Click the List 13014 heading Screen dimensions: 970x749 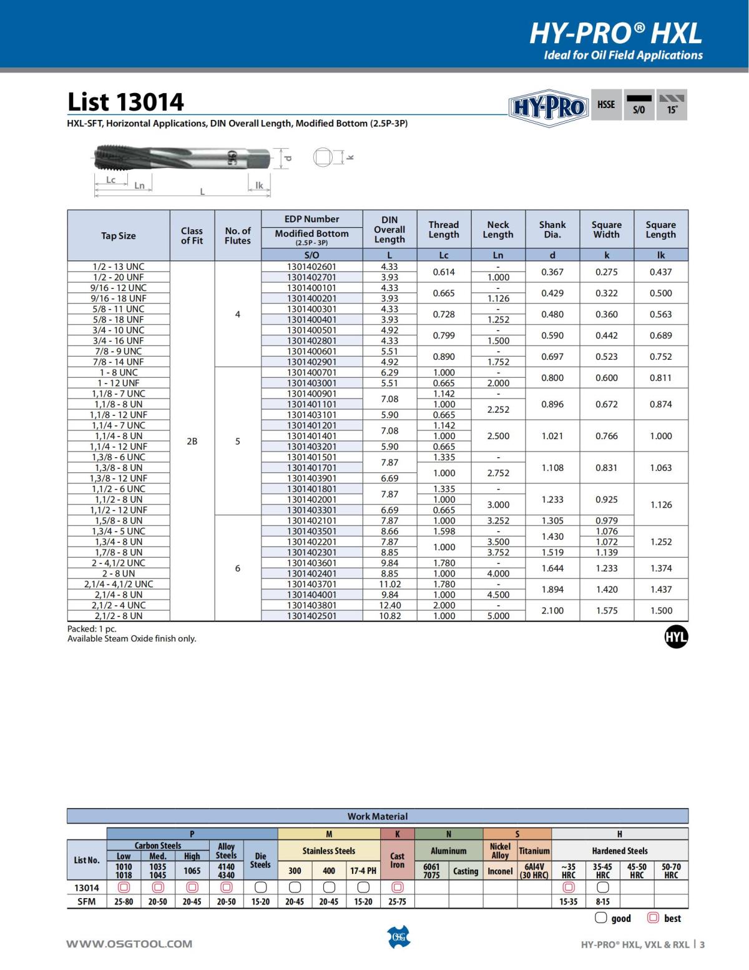tap(125, 102)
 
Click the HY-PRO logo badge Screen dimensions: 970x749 tap(548, 108)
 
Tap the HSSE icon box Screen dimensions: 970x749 tap(606, 105)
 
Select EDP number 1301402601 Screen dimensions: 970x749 tap(311, 267)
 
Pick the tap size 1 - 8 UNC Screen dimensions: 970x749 tap(119, 373)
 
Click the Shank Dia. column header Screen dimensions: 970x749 tap(552, 230)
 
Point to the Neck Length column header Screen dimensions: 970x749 tap(498, 230)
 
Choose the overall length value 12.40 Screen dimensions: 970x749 tap(389, 605)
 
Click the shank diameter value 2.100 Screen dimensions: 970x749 tap(552, 610)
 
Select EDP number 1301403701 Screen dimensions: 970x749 tap(311, 584)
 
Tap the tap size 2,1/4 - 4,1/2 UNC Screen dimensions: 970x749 tap(119, 584)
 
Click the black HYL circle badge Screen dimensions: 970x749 tap(676, 637)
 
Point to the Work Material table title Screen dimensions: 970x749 tap(377, 816)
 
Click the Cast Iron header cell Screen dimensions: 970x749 tap(397, 860)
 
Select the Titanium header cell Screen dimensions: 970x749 tap(534, 851)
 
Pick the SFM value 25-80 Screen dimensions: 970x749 tap(124, 902)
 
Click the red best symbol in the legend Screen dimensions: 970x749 tap(654, 918)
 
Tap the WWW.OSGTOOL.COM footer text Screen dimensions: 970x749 tap(129, 944)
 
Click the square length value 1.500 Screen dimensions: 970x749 tap(660, 610)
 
